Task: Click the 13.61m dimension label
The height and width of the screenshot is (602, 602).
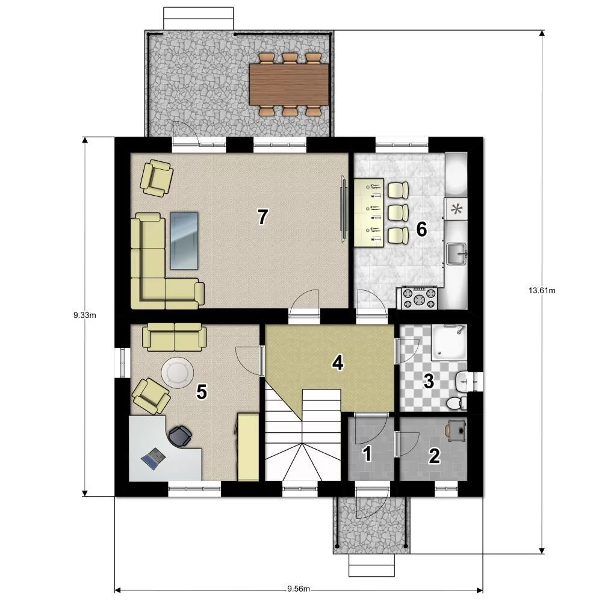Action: coord(542,291)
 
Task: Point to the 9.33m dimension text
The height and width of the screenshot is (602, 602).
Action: coord(84,315)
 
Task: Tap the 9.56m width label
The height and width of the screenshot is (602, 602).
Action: coord(299,589)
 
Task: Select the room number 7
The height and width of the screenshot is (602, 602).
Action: coord(262,217)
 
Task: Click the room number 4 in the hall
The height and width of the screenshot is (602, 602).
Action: coord(338,363)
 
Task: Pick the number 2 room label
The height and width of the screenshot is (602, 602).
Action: coord(434,456)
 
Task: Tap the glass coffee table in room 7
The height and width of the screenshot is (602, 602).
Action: coord(184,241)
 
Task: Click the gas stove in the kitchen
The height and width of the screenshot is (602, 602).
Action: coord(419,298)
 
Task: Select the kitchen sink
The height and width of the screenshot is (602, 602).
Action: coord(456,254)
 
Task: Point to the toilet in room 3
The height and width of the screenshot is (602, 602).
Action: coord(456,403)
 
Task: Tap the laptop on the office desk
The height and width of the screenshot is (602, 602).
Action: coord(154,458)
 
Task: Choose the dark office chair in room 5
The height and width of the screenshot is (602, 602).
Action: coord(180,436)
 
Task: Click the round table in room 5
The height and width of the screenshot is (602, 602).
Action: coord(178,373)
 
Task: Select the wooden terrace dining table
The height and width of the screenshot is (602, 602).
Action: coord(289,84)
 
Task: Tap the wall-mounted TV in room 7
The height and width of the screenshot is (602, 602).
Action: coord(344,209)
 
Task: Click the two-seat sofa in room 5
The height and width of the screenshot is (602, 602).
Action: coord(175,337)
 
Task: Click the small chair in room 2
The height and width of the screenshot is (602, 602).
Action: coord(456,430)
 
